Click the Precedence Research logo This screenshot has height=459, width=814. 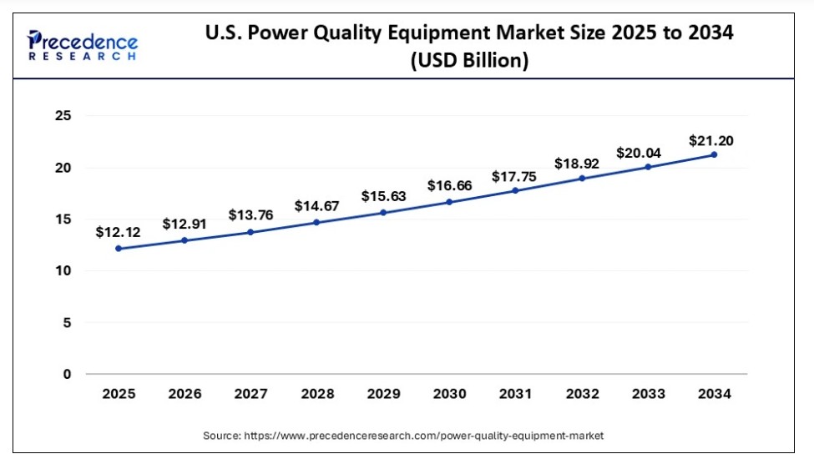(82, 46)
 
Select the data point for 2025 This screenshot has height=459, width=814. (118, 248)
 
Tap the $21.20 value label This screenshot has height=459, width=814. (711, 141)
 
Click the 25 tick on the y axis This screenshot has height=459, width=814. (63, 116)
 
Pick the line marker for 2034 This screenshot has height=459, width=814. (714, 154)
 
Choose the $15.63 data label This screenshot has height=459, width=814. (383, 196)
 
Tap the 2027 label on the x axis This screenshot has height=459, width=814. (250, 394)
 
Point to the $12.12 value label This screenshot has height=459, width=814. (118, 231)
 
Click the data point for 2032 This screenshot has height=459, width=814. (581, 178)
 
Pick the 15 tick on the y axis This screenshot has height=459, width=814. (63, 219)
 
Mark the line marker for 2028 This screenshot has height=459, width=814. (316, 222)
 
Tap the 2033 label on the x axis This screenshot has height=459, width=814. (647, 394)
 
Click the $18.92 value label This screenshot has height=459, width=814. (581, 162)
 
